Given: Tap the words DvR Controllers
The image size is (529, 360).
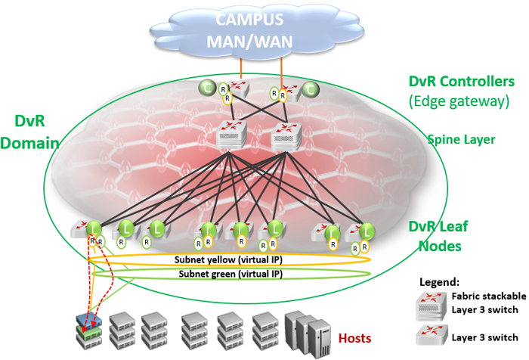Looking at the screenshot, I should pos(461,81).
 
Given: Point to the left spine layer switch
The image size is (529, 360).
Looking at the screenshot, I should pos(230,134).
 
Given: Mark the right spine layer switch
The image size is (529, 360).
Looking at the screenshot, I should pos(285,134).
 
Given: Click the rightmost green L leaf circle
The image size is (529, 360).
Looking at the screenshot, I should pos(367,230).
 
